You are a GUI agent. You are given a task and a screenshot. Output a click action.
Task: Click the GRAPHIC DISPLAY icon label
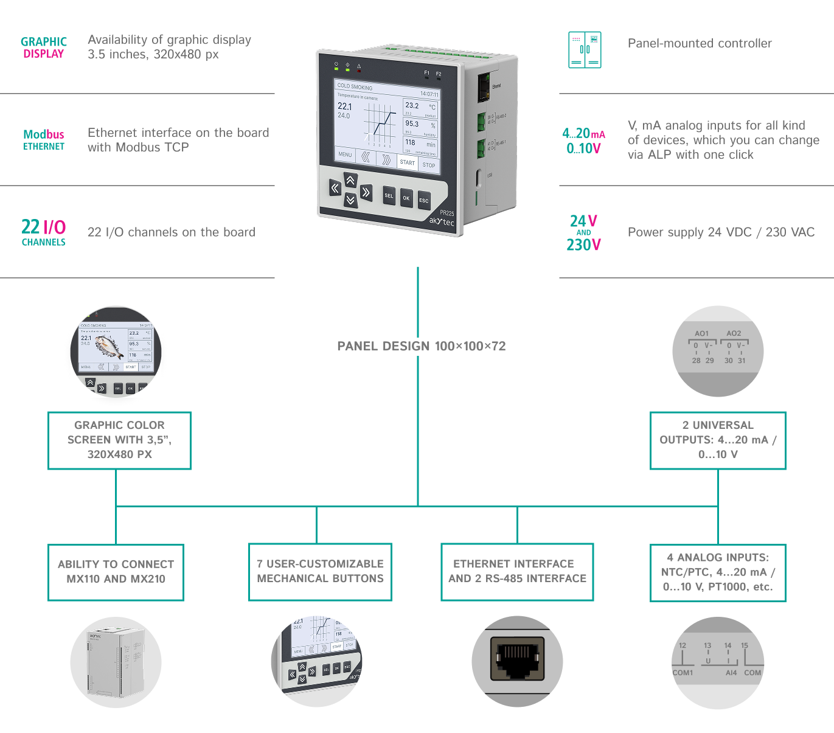tap(43, 47)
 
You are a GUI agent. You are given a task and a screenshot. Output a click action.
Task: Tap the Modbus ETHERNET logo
tap(43, 139)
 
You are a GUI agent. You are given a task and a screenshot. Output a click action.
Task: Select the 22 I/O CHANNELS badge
tap(43, 232)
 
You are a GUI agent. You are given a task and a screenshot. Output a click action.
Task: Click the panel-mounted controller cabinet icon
tap(584, 50)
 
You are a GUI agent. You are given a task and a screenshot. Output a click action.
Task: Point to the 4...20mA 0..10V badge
tap(583, 141)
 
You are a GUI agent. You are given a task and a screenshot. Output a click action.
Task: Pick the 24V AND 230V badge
tap(583, 232)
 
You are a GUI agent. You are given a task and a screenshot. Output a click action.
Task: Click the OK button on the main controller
tap(406, 198)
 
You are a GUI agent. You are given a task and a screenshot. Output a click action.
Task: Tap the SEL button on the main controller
tap(389, 195)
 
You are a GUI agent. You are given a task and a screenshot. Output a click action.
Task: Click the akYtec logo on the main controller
tap(441, 221)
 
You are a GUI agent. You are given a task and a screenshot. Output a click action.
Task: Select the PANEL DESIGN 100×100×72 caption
tap(421, 346)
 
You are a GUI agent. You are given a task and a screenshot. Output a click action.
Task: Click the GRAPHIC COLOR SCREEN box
tap(119, 440)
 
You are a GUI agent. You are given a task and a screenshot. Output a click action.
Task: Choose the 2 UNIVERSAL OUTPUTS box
tap(718, 440)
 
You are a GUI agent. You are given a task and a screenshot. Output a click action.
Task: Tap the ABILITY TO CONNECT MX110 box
tap(116, 572)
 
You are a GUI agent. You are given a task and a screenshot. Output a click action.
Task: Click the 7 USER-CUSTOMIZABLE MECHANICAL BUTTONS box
tap(320, 572)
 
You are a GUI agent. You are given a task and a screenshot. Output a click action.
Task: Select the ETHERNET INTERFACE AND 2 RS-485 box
tap(517, 572)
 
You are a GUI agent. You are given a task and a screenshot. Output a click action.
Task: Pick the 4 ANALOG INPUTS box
tap(718, 572)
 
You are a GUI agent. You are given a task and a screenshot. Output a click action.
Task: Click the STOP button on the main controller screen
tap(429, 165)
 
